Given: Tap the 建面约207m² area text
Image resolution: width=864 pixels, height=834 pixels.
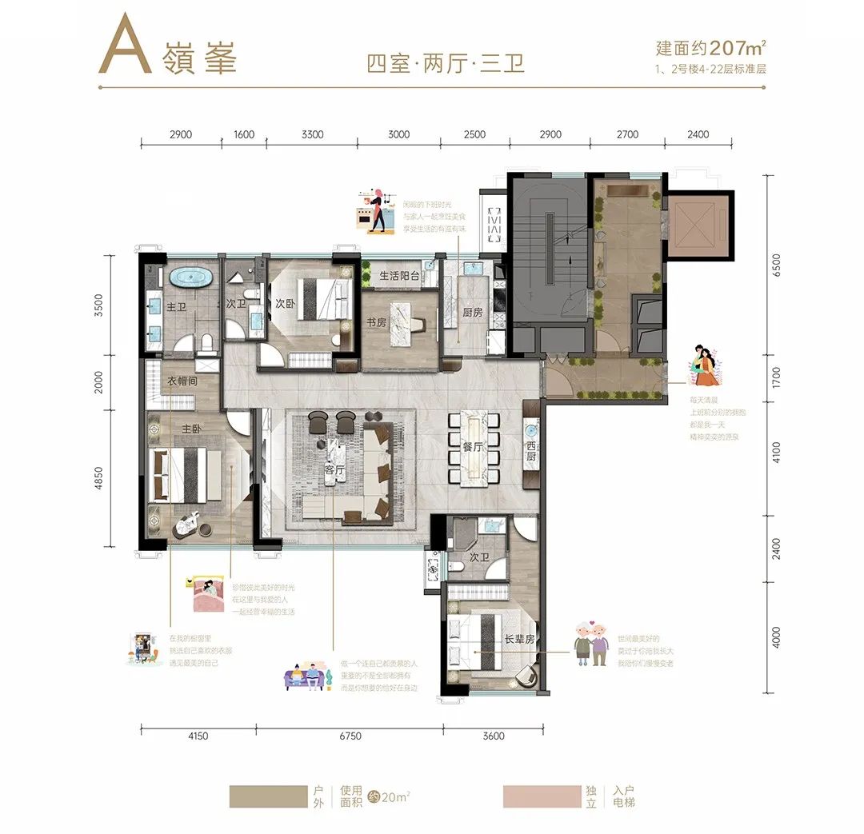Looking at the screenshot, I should click(x=709, y=47).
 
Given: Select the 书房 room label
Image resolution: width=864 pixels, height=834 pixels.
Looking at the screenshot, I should click(x=375, y=323).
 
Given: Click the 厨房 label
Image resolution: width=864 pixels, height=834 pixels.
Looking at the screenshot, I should click(x=473, y=313).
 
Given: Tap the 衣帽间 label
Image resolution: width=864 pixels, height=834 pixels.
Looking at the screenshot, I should click(x=182, y=381).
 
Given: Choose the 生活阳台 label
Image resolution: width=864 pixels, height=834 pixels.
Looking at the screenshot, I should click(x=399, y=275).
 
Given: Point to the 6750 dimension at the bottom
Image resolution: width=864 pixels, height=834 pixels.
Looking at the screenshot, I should click(x=350, y=736).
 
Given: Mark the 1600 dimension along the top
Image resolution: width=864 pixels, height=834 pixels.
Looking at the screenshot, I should click(x=244, y=134).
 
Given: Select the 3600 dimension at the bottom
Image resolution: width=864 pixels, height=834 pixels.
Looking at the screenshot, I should click(x=494, y=736).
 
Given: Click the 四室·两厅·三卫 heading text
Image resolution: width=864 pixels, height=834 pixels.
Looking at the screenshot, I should click(x=446, y=62).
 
